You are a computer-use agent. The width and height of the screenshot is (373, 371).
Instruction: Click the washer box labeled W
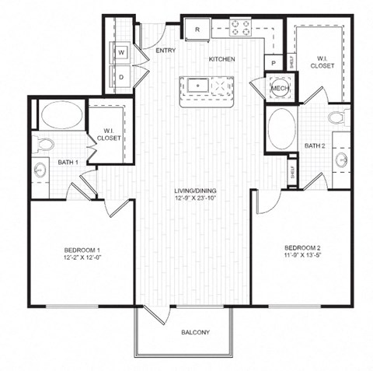122,53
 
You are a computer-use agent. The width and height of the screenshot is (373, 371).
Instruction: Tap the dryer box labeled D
122,77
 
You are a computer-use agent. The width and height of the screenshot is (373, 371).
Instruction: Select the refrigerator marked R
198,30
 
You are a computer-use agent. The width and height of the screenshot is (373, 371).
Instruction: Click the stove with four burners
241,29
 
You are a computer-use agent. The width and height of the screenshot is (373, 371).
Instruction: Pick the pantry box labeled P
274,63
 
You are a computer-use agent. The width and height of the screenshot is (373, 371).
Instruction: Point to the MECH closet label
279,89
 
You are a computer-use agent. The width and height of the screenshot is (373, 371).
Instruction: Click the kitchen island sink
199,85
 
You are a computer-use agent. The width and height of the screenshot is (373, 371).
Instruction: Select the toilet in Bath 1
44,144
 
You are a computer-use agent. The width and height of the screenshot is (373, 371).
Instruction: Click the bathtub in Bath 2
281,128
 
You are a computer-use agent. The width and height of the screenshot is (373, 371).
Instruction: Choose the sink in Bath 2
342,159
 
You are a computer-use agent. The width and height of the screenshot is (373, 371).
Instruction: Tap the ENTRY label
165,51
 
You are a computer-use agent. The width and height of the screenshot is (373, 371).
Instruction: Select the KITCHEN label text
221,59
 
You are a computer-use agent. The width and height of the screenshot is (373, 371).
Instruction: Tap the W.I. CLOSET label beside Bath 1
108,135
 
